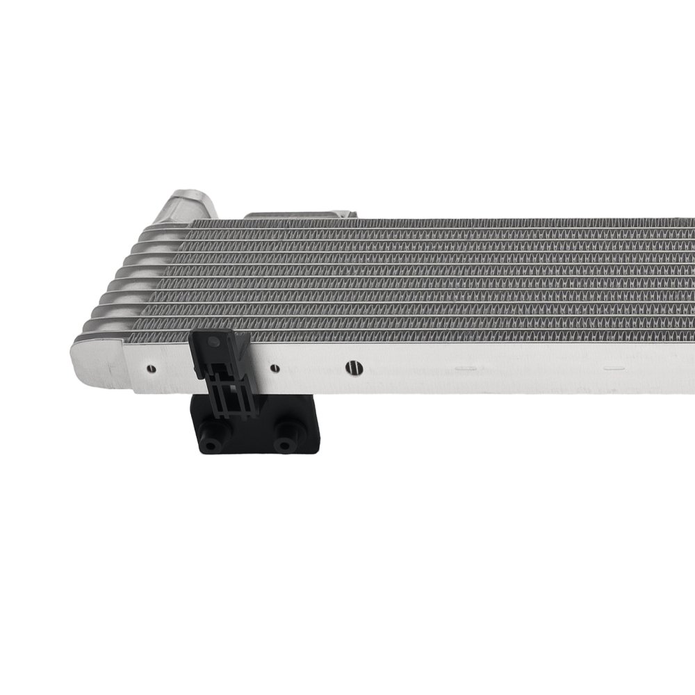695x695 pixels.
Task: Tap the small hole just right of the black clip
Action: (x=275, y=368)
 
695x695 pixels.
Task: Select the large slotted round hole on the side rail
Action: (x=354, y=368)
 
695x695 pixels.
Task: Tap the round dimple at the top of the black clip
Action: (x=213, y=343)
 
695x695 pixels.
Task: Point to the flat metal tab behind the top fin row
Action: (x=299, y=215)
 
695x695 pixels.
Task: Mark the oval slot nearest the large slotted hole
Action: (x=465, y=368)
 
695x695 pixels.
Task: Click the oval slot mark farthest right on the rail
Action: (x=614, y=368)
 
